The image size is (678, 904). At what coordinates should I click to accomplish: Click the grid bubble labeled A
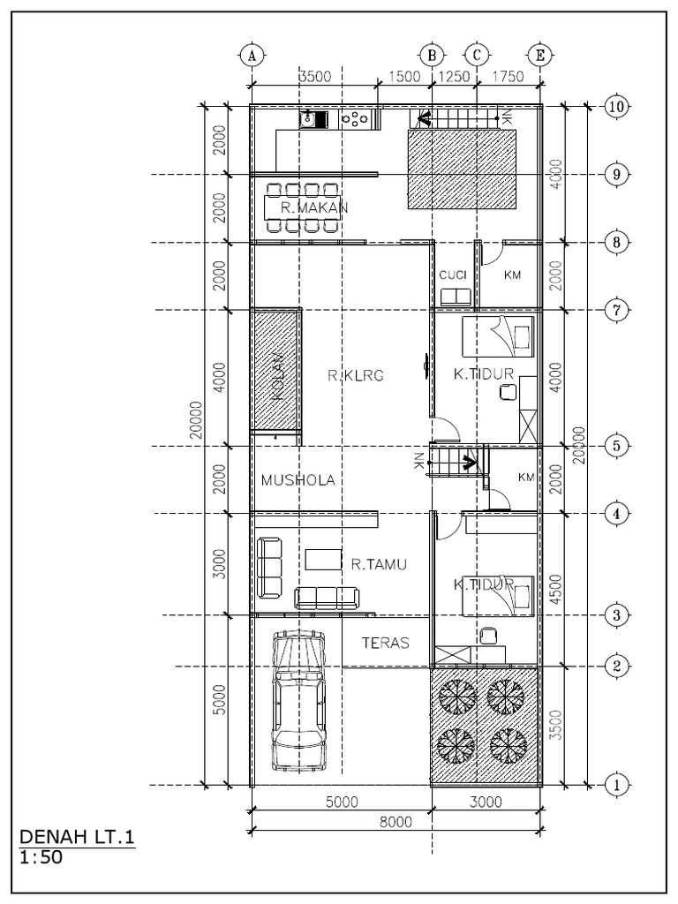coord(252,55)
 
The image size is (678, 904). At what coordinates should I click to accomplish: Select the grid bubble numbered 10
coord(616,107)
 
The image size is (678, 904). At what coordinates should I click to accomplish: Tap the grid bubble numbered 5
coord(616,446)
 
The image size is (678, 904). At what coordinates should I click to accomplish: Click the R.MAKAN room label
coord(314,207)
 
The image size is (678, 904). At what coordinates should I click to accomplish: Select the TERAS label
coord(386,644)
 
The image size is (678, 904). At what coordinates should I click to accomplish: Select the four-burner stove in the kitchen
coord(355,118)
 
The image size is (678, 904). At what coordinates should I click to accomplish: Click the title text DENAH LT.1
coord(77,836)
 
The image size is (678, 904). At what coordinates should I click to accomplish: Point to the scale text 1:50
coord(41,855)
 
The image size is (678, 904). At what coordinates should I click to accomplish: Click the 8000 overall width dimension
coord(396,824)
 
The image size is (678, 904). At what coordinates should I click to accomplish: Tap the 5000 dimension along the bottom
coord(340,802)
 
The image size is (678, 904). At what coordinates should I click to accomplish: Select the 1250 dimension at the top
coord(455,77)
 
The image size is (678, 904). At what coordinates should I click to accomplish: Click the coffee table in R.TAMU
coord(323,559)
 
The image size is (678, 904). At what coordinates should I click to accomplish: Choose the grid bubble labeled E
coord(540,55)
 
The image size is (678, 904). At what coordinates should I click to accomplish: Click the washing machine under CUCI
coord(456,296)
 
